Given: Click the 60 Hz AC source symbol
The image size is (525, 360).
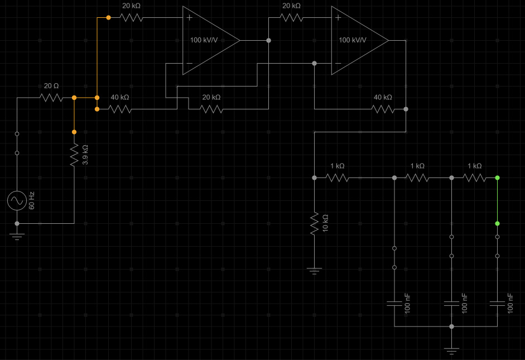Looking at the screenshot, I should pos(17,200).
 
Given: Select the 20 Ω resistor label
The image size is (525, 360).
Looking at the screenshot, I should pos(51,86).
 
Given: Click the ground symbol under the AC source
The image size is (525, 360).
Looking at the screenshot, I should pos(17,236).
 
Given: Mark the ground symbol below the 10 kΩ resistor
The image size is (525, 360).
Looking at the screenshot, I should pos(314,272).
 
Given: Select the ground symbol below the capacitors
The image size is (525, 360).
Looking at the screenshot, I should pos(451,351).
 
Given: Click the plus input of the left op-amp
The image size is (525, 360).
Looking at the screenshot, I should pos(190,18).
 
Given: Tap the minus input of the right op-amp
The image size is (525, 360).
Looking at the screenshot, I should pos(338,64).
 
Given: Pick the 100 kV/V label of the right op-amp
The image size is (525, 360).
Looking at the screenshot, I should pos(353,40).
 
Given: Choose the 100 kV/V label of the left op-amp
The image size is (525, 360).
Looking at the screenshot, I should pos(204,40).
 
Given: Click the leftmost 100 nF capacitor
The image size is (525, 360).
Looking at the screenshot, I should pos(394,304).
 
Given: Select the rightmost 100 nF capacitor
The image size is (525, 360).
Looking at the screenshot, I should pos(497,304).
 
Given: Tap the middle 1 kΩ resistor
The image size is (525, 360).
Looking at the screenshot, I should pos(417,178).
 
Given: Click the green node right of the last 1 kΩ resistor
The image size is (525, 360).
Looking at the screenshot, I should pos(497,178).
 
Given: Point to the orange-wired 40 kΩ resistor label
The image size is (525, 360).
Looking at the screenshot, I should pos(120,97).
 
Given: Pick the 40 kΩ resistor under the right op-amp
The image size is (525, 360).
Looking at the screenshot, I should pos(383,109).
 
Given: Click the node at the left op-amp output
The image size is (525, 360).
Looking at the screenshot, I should pos(269,41).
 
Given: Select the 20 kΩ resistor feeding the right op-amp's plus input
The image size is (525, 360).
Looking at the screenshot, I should pos(291,18).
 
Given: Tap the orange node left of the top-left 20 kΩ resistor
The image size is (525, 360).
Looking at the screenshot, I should pos(108,18).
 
